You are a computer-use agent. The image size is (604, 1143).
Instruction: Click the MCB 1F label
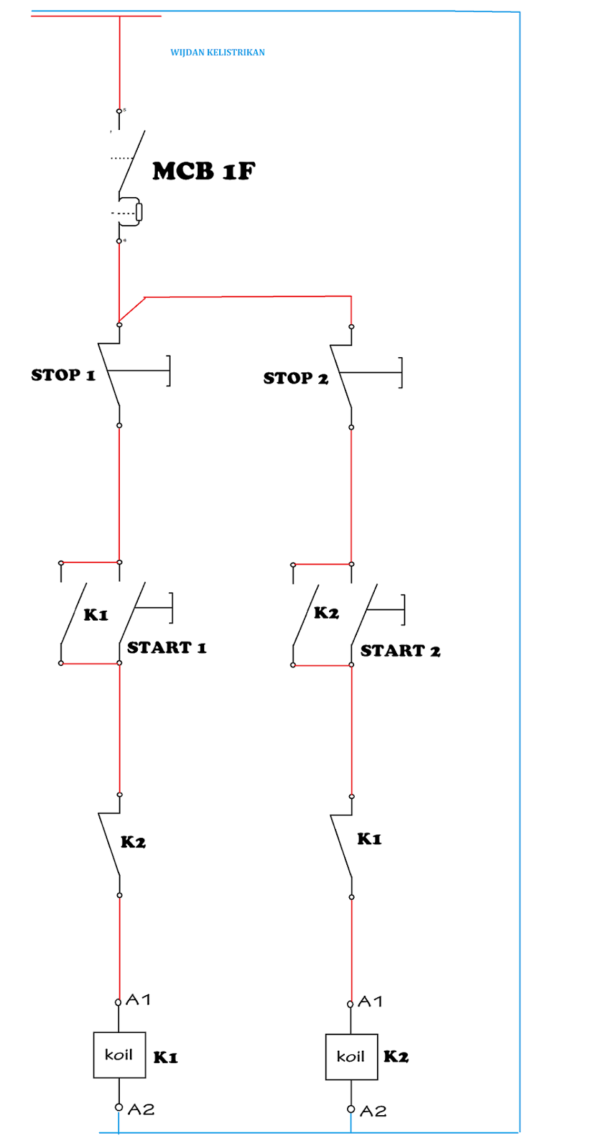203,171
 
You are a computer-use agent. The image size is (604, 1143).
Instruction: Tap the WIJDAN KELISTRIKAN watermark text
217,52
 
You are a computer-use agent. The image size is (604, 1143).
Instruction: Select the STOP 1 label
63,375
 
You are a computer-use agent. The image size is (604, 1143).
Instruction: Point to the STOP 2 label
296,378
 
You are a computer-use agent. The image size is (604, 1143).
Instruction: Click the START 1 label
166,647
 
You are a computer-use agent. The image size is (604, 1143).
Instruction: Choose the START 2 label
400,650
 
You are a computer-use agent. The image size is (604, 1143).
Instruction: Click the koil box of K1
119,1054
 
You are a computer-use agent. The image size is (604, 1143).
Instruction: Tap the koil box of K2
351,1057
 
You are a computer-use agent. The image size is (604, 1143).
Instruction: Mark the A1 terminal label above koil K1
139,999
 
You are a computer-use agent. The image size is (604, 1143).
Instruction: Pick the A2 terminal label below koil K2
373,1111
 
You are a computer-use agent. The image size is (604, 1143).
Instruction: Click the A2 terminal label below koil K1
141,1109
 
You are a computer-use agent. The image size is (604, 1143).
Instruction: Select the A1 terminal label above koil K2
371,1002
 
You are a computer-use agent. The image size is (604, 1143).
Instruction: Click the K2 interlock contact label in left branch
133,842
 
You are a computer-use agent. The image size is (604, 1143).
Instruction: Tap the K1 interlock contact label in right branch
369,839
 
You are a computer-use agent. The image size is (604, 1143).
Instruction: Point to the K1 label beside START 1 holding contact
96,614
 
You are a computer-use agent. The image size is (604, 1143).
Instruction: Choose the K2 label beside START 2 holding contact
326,612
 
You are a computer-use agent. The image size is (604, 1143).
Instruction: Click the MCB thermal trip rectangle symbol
139,211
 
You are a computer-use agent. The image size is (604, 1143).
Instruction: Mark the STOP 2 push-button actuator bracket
400,373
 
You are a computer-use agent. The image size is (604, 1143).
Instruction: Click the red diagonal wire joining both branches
131,310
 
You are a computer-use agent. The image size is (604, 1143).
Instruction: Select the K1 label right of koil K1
166,1057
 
